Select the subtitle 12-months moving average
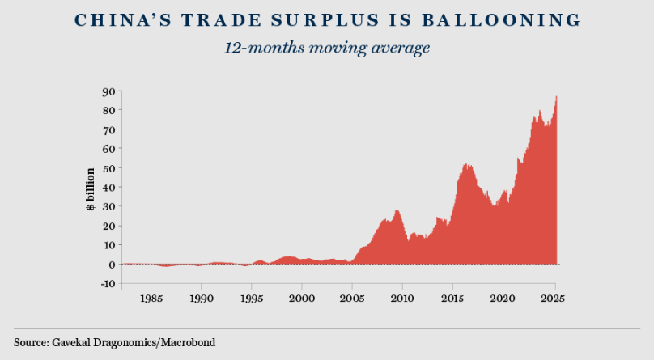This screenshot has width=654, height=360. click(x=326, y=48)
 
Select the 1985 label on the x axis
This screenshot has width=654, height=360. click(x=151, y=298)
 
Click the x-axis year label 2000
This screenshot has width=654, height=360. click(x=302, y=298)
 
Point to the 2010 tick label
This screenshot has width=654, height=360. click(x=402, y=298)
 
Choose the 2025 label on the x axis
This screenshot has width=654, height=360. click(x=554, y=298)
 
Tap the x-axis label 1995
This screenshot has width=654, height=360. click(x=252, y=298)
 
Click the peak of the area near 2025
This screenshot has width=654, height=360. click(x=556, y=97)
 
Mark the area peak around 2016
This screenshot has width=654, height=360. click(x=467, y=164)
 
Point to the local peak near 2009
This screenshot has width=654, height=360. click(x=397, y=210)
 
